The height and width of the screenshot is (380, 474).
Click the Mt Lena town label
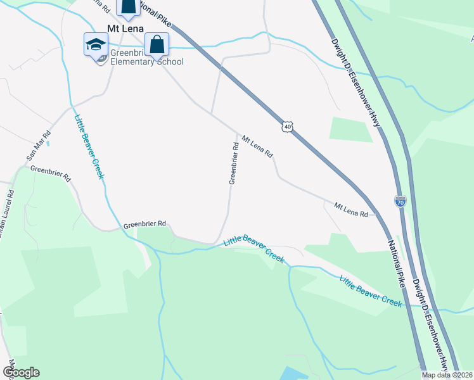(x=126, y=29)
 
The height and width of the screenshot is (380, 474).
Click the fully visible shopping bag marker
(x=156, y=45)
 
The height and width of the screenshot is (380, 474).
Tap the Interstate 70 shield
(x=400, y=201)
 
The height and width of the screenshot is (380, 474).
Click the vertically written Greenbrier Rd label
(x=233, y=163)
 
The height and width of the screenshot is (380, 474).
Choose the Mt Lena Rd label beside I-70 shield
(x=351, y=210)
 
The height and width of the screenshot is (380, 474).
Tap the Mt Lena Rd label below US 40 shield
(x=256, y=145)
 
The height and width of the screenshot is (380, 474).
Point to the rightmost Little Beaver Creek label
(x=370, y=291)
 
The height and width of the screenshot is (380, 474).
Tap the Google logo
(x=22, y=372)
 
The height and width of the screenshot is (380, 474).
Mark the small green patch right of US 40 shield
(x=350, y=129)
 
